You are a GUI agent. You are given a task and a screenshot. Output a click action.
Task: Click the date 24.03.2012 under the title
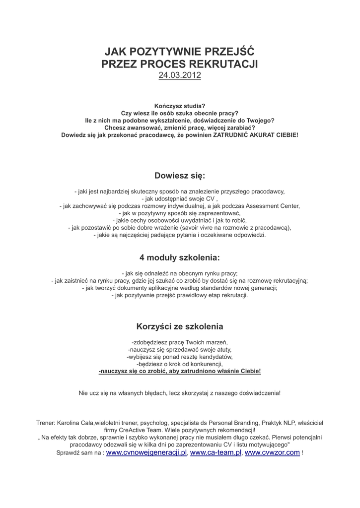(180, 75)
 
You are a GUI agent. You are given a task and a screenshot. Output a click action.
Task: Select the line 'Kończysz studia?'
(180, 106)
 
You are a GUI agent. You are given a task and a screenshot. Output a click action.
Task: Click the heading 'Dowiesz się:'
(180, 175)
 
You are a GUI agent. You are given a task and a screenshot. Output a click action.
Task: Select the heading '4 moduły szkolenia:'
(180, 258)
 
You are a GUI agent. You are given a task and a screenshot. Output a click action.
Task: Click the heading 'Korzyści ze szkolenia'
(180, 326)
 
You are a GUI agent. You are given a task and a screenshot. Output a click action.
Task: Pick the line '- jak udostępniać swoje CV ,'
(180, 198)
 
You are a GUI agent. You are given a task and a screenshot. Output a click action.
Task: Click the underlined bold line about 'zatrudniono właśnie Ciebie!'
(180, 371)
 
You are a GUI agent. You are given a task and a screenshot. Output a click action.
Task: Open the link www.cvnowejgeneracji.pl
(146, 452)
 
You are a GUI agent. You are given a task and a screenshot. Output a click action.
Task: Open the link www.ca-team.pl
(216, 452)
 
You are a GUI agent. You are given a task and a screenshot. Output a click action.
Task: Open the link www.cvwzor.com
(272, 452)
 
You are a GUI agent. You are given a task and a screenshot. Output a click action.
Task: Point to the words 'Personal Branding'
(233, 423)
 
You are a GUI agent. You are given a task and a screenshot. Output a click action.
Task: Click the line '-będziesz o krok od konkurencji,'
(180, 364)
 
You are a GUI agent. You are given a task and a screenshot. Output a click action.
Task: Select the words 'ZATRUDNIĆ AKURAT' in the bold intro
(243, 134)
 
